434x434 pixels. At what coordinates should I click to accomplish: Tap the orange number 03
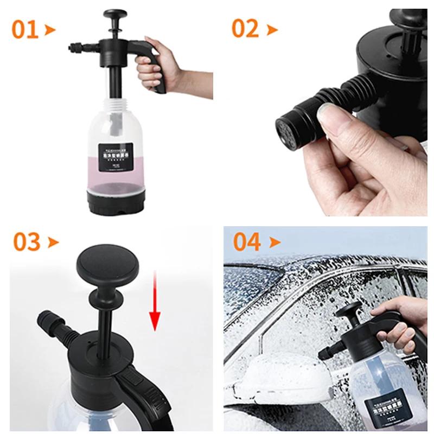click(27, 242)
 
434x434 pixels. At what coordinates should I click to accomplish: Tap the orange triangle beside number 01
click(50, 29)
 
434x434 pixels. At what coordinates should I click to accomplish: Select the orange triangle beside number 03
click(53, 242)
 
